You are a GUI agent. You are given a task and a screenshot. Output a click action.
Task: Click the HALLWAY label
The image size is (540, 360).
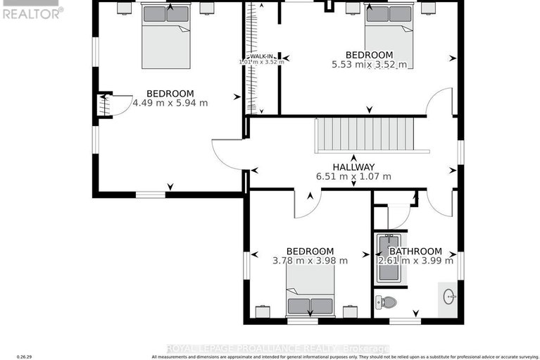tap(353, 166)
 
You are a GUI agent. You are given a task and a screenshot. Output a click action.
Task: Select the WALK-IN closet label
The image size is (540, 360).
tap(261, 56)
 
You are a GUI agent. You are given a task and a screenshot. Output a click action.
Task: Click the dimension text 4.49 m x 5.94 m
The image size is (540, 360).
tap(170, 103)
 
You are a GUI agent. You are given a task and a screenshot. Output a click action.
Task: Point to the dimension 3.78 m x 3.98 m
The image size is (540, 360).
tap(310, 261)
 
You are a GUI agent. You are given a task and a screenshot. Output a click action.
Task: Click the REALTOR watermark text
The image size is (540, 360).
tap(32, 12)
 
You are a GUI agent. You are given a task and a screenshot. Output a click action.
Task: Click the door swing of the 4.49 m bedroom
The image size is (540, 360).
tap(227, 154)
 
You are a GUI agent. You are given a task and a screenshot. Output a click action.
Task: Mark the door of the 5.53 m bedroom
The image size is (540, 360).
tap(440, 103)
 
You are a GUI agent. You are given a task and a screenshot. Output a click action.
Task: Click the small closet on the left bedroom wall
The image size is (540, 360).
tap(103, 105)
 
